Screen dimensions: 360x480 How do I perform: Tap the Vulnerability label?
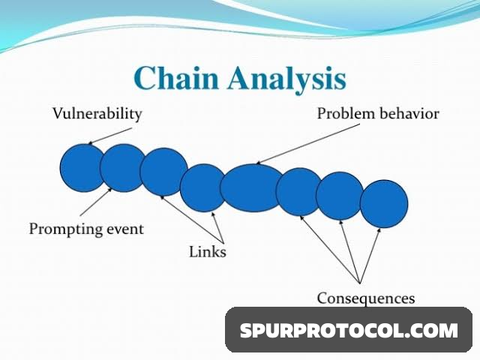(x=97, y=114)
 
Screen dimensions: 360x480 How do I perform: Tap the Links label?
(x=207, y=252)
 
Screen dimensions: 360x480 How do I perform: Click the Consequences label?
(x=365, y=298)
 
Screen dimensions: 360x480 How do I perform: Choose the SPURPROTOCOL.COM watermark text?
(x=349, y=330)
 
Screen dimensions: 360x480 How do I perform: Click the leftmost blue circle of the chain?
(x=82, y=168)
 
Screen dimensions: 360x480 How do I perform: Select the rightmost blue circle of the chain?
(x=384, y=203)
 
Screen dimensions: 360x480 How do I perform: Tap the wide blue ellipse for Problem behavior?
(x=251, y=187)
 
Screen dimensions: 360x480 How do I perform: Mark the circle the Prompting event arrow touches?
(x=123, y=168)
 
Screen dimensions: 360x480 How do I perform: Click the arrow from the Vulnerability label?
(x=112, y=133)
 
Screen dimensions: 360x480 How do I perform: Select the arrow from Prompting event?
(x=95, y=203)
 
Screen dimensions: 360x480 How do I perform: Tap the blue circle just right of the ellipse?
(x=298, y=191)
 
